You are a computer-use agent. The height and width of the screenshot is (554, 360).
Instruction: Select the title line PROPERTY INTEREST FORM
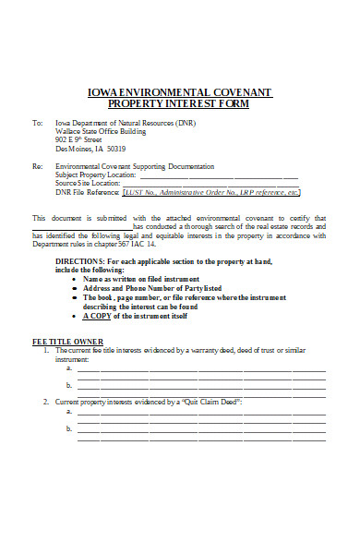(x=179, y=103)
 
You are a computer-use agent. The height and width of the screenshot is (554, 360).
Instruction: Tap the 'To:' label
(x=37, y=122)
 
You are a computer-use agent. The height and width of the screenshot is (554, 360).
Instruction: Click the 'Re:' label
(x=37, y=166)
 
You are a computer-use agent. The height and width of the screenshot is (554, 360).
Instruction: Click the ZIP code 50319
(x=115, y=148)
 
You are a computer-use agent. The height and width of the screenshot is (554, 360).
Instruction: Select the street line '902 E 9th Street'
(x=77, y=139)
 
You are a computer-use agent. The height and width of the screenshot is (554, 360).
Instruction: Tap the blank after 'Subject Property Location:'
(x=218, y=175)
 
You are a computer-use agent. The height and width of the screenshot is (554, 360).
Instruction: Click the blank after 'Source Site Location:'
(x=210, y=183)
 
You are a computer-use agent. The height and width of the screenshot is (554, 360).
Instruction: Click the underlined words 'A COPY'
(x=98, y=316)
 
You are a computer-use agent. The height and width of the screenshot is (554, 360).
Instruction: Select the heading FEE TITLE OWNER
(x=62, y=342)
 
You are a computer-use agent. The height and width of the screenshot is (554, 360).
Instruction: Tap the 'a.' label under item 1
(x=69, y=367)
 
